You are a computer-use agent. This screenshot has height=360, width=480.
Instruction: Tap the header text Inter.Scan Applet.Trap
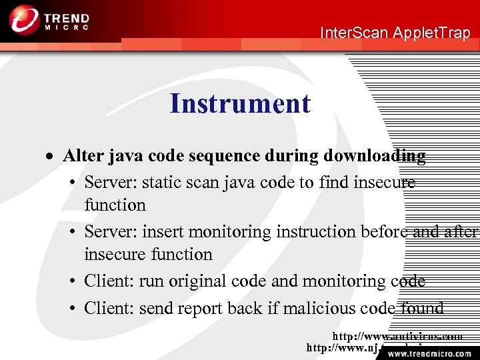click(395, 33)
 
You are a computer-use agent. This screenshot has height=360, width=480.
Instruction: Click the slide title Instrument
click(240, 104)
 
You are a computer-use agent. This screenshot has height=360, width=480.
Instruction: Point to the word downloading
click(374, 156)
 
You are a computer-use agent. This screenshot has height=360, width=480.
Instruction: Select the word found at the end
click(423, 308)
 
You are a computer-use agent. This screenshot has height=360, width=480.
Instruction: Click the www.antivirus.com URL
click(397, 337)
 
